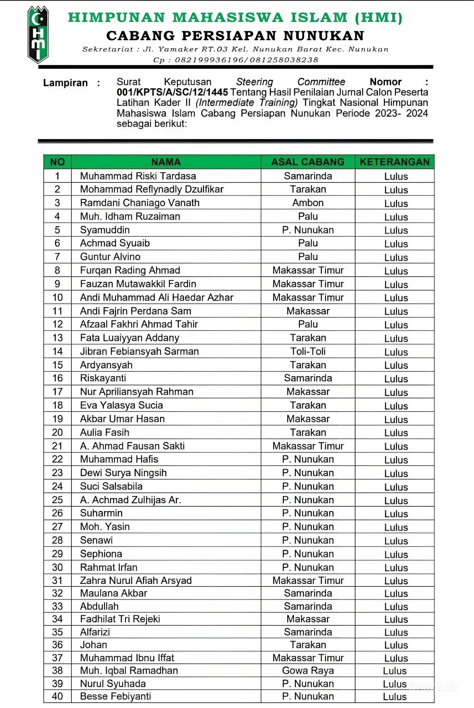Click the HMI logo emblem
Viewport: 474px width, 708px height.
pos(38,35)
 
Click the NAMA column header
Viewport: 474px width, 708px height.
pos(166,162)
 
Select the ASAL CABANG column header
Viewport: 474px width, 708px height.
pos(308,162)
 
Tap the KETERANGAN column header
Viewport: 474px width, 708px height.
pos(395,162)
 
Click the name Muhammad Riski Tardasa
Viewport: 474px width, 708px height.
pos(138,176)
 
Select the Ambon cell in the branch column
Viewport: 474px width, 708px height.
pos(308,203)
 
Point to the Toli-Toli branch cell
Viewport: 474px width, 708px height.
pos(308,351)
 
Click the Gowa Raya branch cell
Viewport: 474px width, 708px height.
pos(308,670)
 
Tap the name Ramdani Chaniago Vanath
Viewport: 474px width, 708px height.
pos(140,203)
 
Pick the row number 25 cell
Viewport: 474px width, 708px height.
pos(57,500)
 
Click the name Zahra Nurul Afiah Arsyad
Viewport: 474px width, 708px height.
pos(136,580)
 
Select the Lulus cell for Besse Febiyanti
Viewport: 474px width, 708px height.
pos(395,696)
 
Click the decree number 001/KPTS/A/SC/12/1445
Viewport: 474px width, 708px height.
pos(172,92)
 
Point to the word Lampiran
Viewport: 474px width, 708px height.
pos(65,83)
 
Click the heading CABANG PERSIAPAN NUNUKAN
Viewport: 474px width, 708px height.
pos(235,36)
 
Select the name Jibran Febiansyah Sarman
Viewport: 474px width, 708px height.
pos(139,351)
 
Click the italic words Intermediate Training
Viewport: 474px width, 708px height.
pos(247,103)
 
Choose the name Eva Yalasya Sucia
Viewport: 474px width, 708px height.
pos(121,405)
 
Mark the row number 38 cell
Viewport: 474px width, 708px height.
pos(57,670)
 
